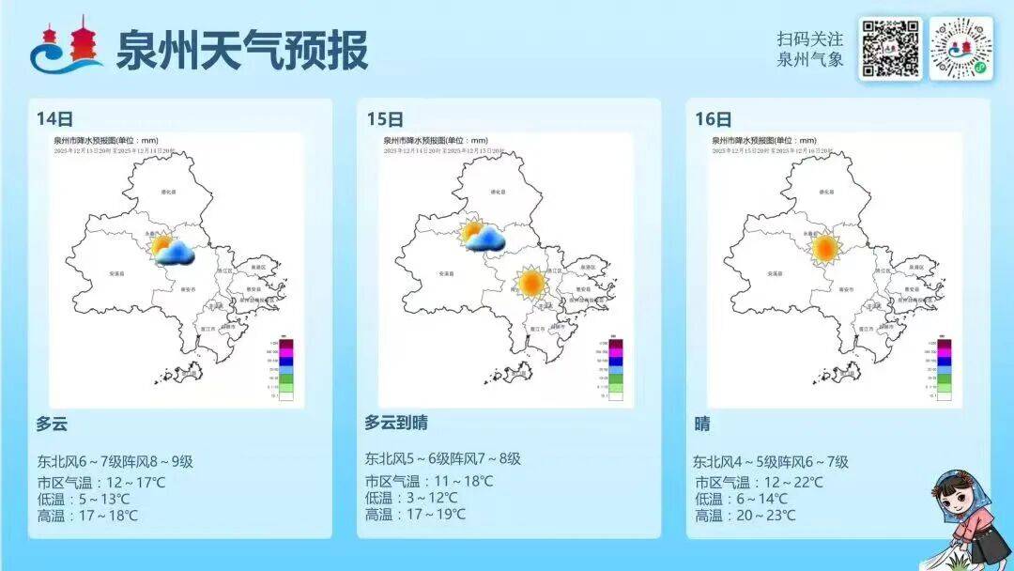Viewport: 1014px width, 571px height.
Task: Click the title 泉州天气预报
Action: tap(241, 50)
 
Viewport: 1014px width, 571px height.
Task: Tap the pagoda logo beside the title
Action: tap(68, 46)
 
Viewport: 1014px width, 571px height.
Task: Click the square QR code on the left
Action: tap(890, 49)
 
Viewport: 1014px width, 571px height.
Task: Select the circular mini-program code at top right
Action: tap(960, 49)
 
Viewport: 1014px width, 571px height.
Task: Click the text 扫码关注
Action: tap(809, 39)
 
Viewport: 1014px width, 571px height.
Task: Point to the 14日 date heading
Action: tap(54, 119)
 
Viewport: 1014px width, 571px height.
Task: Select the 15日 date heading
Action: tap(385, 119)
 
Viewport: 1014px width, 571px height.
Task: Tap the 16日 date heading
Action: tap(714, 119)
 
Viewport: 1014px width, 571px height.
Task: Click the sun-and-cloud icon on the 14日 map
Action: tap(173, 249)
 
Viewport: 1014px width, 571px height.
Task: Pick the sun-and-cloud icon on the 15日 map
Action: tap(483, 236)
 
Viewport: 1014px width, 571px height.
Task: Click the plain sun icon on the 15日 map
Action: tap(530, 282)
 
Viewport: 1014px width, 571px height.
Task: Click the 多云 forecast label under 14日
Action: tap(52, 424)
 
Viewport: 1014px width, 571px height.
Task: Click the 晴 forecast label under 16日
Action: tap(702, 424)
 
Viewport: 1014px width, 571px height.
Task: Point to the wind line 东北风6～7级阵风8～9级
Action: tap(115, 461)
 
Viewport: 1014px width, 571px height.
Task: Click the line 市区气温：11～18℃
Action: tap(429, 481)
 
